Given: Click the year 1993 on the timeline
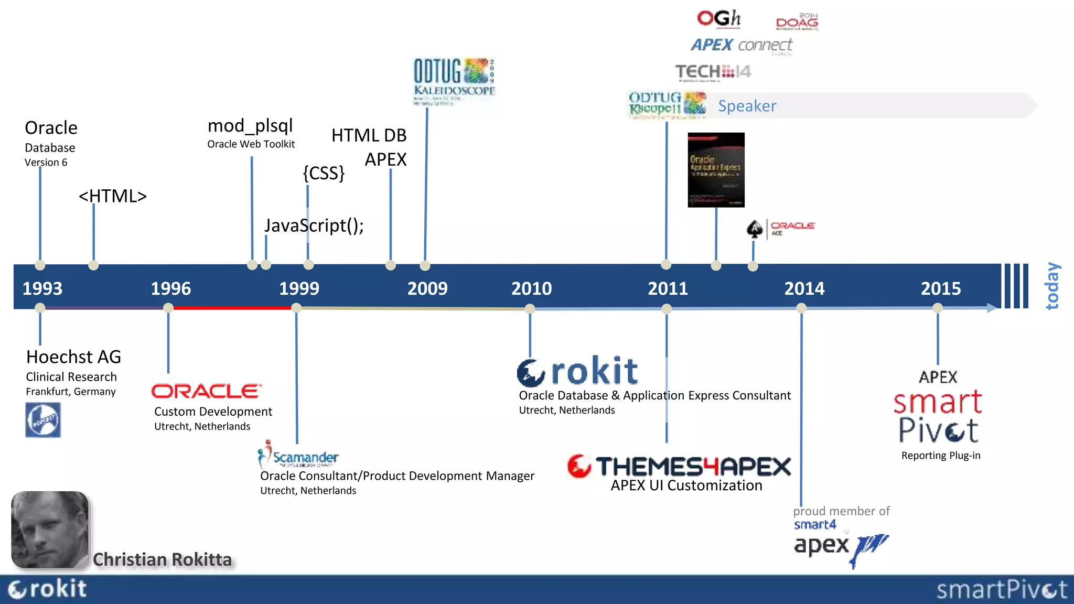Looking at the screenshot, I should pyautogui.click(x=42, y=288).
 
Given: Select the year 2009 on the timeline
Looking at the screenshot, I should pyautogui.click(x=427, y=288).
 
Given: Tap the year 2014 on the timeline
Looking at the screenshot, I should pyautogui.click(x=804, y=288).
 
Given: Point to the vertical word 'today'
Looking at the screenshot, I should pyautogui.click(x=1052, y=286).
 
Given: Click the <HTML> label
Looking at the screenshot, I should pyautogui.click(x=113, y=196).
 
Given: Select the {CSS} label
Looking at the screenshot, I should pyautogui.click(x=324, y=173).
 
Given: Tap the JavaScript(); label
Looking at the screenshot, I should pyautogui.click(x=314, y=225).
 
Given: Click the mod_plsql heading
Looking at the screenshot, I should pyautogui.click(x=250, y=126).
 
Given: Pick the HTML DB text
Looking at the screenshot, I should pyautogui.click(x=369, y=135).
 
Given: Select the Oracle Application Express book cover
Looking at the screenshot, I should pyautogui.click(x=716, y=170).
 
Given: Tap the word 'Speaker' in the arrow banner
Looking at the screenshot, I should pyautogui.click(x=747, y=106).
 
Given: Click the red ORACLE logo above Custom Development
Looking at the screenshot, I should pyautogui.click(x=206, y=391).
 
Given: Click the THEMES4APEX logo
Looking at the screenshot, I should pyautogui.click(x=680, y=466).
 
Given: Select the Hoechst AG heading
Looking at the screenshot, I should pyautogui.click(x=73, y=357).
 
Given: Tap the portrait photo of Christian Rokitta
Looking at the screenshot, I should pyautogui.click(x=50, y=530).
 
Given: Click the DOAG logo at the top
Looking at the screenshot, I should pyautogui.click(x=797, y=22).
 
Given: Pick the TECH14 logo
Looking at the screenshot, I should pyautogui.click(x=713, y=71).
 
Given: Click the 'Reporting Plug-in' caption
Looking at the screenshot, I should pyautogui.click(x=941, y=456).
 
